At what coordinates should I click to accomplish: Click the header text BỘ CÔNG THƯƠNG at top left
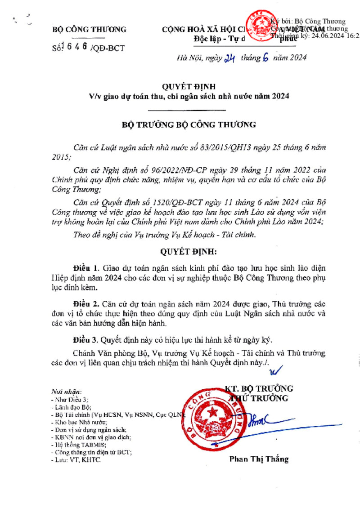(x=90, y=30)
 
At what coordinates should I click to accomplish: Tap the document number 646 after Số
(x=78, y=46)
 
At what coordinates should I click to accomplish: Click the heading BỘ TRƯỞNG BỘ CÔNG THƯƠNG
(x=189, y=125)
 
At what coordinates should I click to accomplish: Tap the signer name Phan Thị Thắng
(x=259, y=459)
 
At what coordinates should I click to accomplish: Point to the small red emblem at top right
(x=259, y=25)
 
